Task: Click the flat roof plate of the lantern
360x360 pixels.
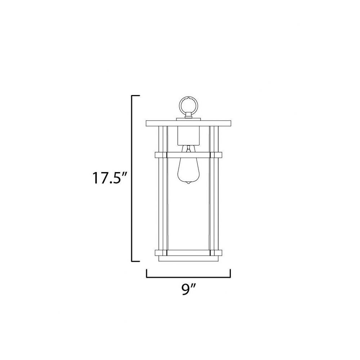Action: (189, 123)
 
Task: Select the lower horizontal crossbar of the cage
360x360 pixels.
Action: (189, 253)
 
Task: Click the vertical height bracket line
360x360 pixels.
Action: (132, 178)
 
